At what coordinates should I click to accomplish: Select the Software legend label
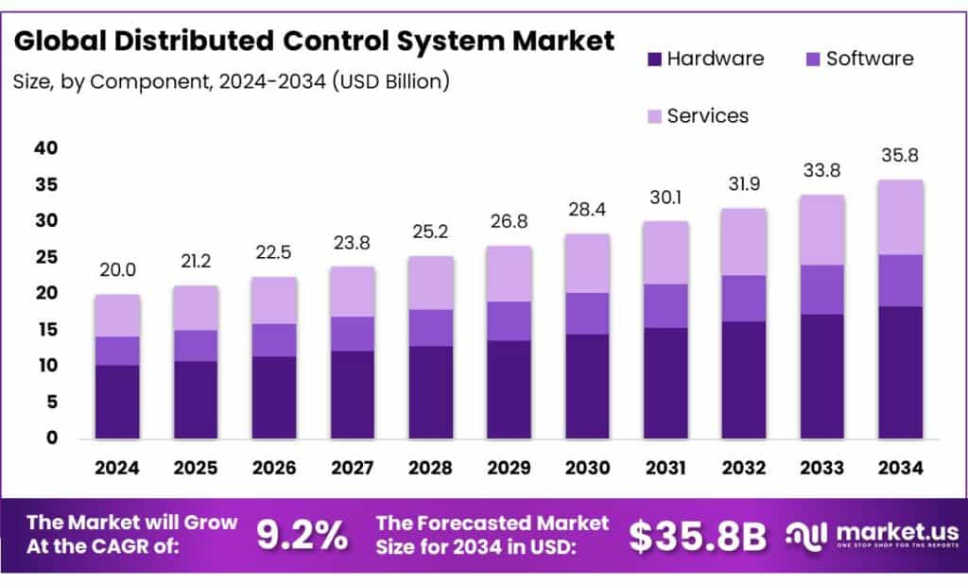pyautogui.click(x=870, y=59)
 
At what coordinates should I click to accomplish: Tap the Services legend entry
pyautogui.click(x=707, y=115)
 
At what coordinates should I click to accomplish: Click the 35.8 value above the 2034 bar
pyautogui.click(x=900, y=156)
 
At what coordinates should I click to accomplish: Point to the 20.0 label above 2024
pyautogui.click(x=117, y=270)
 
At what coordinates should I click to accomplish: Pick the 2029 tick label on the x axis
pyautogui.click(x=509, y=468)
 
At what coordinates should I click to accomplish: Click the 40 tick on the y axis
pyautogui.click(x=45, y=148)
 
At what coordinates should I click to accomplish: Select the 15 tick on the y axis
pyautogui.click(x=45, y=330)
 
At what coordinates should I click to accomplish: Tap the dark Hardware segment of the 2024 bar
pyautogui.click(x=117, y=402)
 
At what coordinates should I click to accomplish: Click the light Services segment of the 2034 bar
pyautogui.click(x=900, y=217)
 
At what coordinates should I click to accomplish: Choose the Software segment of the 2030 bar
pyautogui.click(x=587, y=314)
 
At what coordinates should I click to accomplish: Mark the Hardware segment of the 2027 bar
pyautogui.click(x=352, y=395)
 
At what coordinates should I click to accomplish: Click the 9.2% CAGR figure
pyautogui.click(x=302, y=536)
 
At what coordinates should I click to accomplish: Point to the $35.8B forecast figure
pyautogui.click(x=698, y=536)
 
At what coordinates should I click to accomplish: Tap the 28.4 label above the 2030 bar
pyautogui.click(x=587, y=209)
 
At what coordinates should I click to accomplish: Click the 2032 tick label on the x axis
pyautogui.click(x=744, y=468)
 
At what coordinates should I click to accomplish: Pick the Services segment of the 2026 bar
pyautogui.click(x=274, y=301)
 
